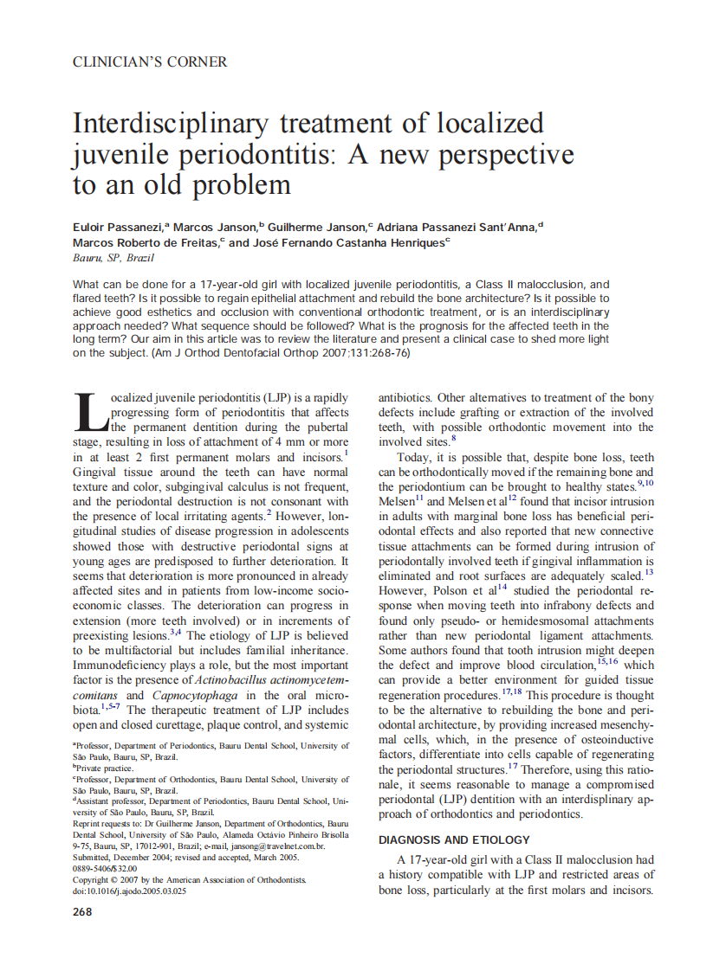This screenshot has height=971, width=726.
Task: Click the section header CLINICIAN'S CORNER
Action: point(150,62)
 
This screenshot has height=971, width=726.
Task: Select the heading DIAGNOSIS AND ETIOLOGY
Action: point(454,839)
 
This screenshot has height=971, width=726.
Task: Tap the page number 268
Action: point(83,911)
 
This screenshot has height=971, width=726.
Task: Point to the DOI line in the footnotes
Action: point(130,891)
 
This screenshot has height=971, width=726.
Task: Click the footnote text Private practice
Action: point(105,768)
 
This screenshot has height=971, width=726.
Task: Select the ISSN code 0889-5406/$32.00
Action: point(105,868)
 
